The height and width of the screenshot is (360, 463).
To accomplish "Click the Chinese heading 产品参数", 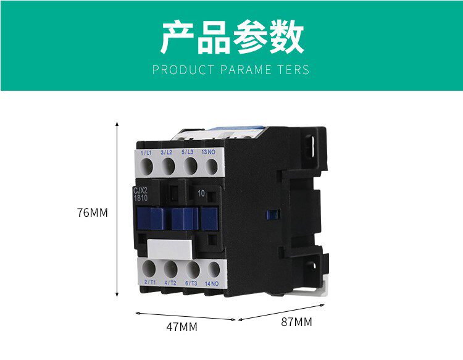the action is [231, 37].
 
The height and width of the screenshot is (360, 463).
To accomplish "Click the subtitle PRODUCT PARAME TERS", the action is [231, 69].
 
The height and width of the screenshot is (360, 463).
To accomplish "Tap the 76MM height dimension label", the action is [93, 213].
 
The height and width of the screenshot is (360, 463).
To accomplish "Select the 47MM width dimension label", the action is [182, 327].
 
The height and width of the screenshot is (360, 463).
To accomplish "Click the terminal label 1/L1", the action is [146, 153].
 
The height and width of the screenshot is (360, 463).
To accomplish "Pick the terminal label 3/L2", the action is [167, 152].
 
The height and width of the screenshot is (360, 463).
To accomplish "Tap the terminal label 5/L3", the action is [188, 151].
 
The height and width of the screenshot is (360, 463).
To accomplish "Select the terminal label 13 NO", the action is [209, 151].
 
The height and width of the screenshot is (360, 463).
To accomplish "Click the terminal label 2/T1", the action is [149, 282].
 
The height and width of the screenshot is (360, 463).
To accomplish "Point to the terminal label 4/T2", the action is [170, 283].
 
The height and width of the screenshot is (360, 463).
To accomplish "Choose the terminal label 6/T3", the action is [191, 283].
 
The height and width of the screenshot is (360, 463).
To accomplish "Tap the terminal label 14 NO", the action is [211, 283].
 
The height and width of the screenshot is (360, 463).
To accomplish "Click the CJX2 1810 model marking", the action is [141, 194].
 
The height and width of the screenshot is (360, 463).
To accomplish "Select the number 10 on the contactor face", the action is [201, 193].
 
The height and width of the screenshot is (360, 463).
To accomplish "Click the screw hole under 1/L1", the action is [148, 165].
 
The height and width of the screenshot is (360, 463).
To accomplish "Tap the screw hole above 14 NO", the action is [213, 269].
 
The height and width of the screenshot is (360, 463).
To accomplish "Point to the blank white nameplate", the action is [171, 249].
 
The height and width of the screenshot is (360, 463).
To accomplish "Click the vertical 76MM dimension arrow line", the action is [117, 210].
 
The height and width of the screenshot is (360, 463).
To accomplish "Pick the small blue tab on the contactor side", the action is [269, 214].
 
